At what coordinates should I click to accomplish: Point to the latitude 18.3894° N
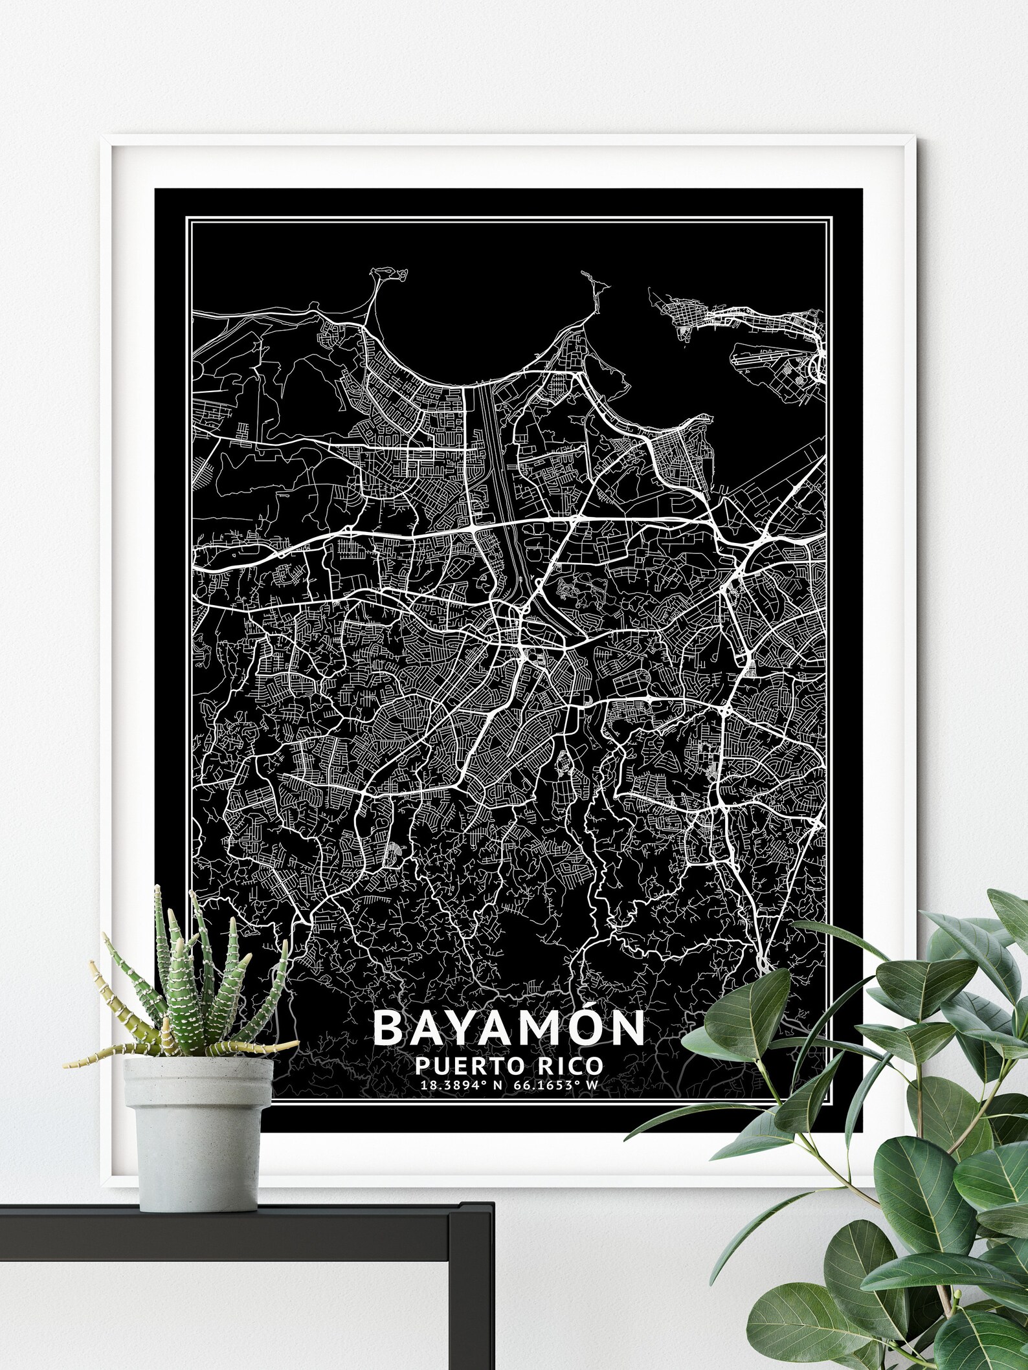pos(461,1085)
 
